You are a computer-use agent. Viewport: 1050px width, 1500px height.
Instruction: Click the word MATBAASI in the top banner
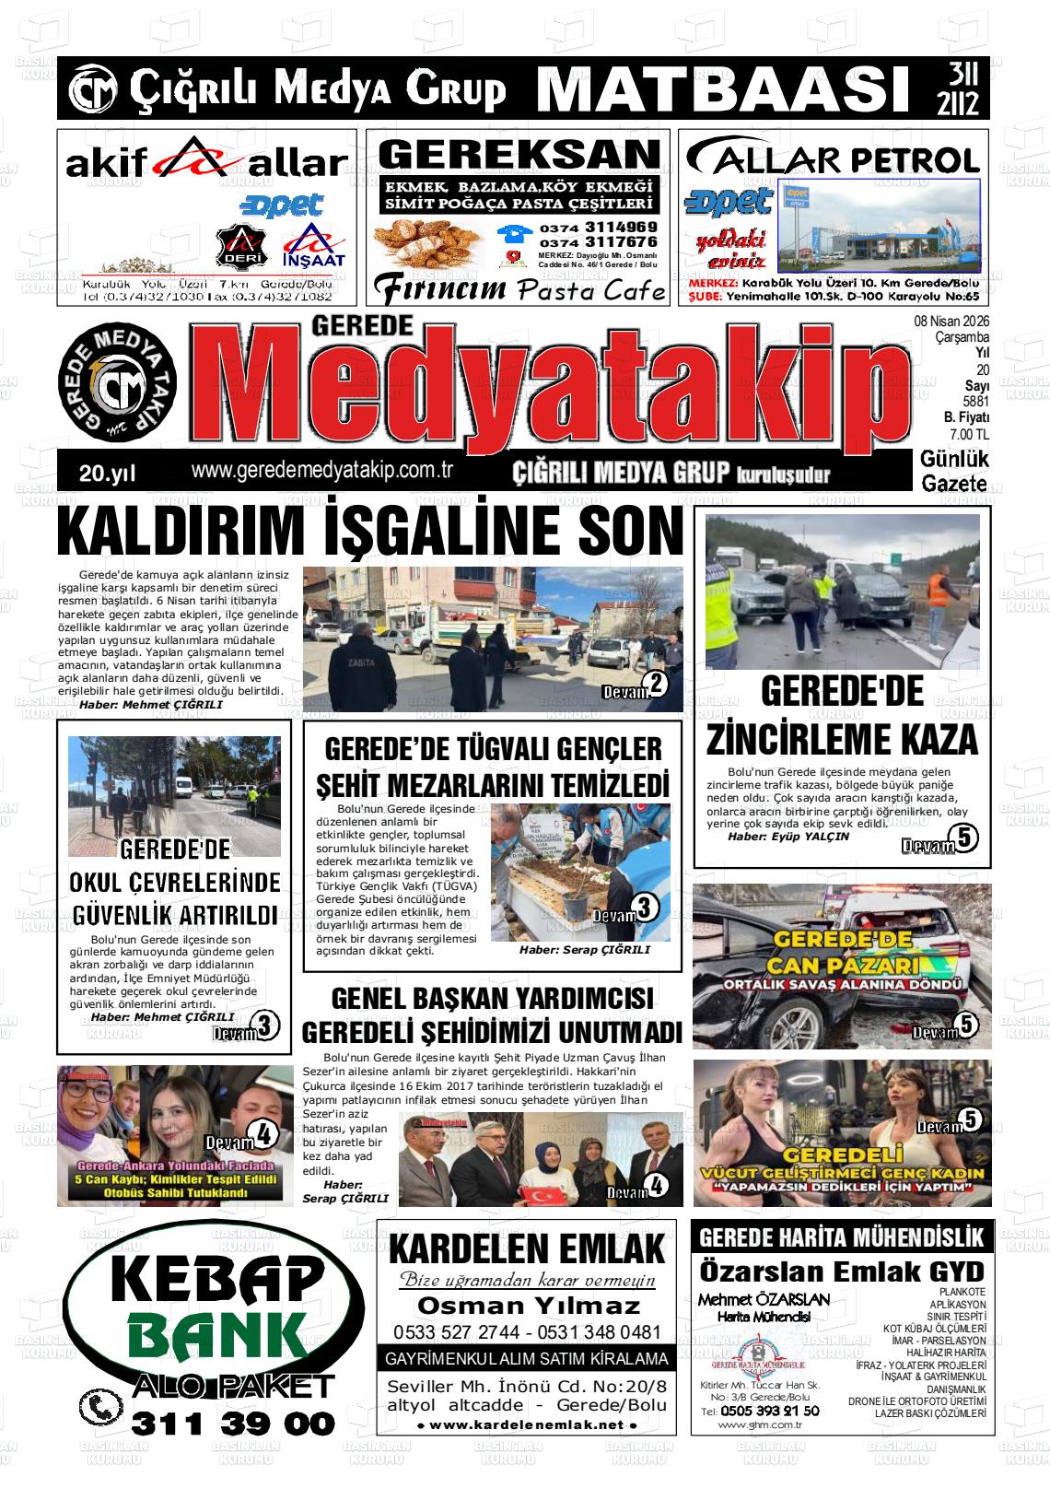718,88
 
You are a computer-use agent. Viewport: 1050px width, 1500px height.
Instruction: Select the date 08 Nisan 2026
951,322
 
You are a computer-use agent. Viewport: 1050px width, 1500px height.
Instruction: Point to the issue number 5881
975,402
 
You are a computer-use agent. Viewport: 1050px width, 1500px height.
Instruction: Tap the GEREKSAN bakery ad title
519,155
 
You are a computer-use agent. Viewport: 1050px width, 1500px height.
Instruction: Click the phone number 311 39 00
233,1423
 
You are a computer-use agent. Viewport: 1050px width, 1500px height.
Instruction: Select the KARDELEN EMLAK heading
527,1250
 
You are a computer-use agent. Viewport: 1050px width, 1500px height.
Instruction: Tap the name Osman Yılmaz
528,1305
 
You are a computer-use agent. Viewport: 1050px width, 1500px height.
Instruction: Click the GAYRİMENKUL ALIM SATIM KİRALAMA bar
527,1359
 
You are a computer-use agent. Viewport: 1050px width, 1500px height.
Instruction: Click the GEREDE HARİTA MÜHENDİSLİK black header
842,1236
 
